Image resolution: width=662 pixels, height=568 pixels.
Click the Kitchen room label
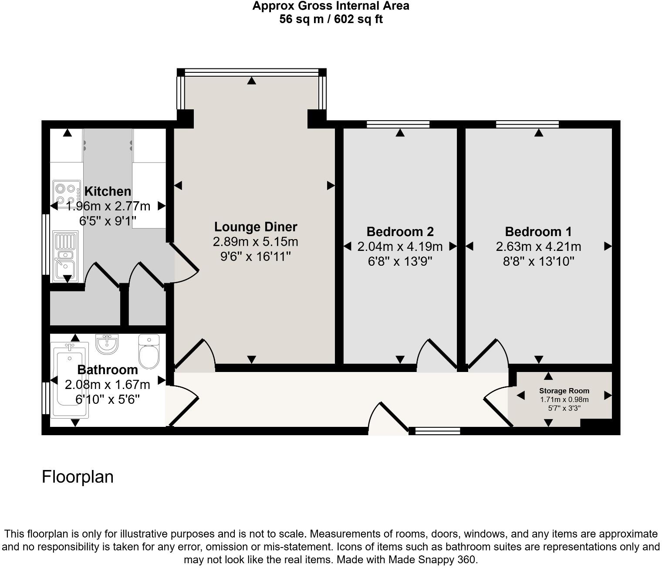(108, 191)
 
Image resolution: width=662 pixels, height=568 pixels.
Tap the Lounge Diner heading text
(256, 227)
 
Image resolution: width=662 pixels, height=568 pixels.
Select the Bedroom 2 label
(400, 231)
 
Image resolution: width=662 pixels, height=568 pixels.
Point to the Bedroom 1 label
(538, 231)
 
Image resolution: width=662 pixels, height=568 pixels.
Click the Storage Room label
(564, 391)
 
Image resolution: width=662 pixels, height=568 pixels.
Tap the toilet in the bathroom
(149, 352)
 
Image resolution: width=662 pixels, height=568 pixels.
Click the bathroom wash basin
(107, 344)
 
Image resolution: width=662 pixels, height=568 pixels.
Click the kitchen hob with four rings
(67, 194)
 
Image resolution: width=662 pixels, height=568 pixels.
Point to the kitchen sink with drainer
(65, 256)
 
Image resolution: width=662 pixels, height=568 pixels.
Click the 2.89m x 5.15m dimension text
(256, 242)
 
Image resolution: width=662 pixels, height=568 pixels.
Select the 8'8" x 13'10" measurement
(538, 261)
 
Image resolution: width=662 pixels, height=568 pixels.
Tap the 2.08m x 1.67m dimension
(108, 385)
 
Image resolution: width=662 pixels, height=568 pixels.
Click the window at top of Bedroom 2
(398, 125)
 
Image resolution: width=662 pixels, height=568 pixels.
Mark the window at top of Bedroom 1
(527, 125)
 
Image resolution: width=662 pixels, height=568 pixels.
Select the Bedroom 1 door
(483, 354)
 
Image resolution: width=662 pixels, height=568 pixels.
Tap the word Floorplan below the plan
(78, 477)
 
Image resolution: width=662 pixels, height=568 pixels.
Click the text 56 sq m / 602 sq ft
(331, 19)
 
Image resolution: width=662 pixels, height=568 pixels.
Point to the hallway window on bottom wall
(437, 431)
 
